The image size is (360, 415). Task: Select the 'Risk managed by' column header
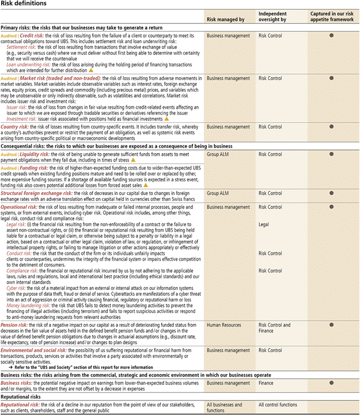225,20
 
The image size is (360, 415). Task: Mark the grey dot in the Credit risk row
331,36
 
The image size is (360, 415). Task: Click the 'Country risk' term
14,128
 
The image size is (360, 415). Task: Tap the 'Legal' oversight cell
264,225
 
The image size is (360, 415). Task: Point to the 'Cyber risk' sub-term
18,287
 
